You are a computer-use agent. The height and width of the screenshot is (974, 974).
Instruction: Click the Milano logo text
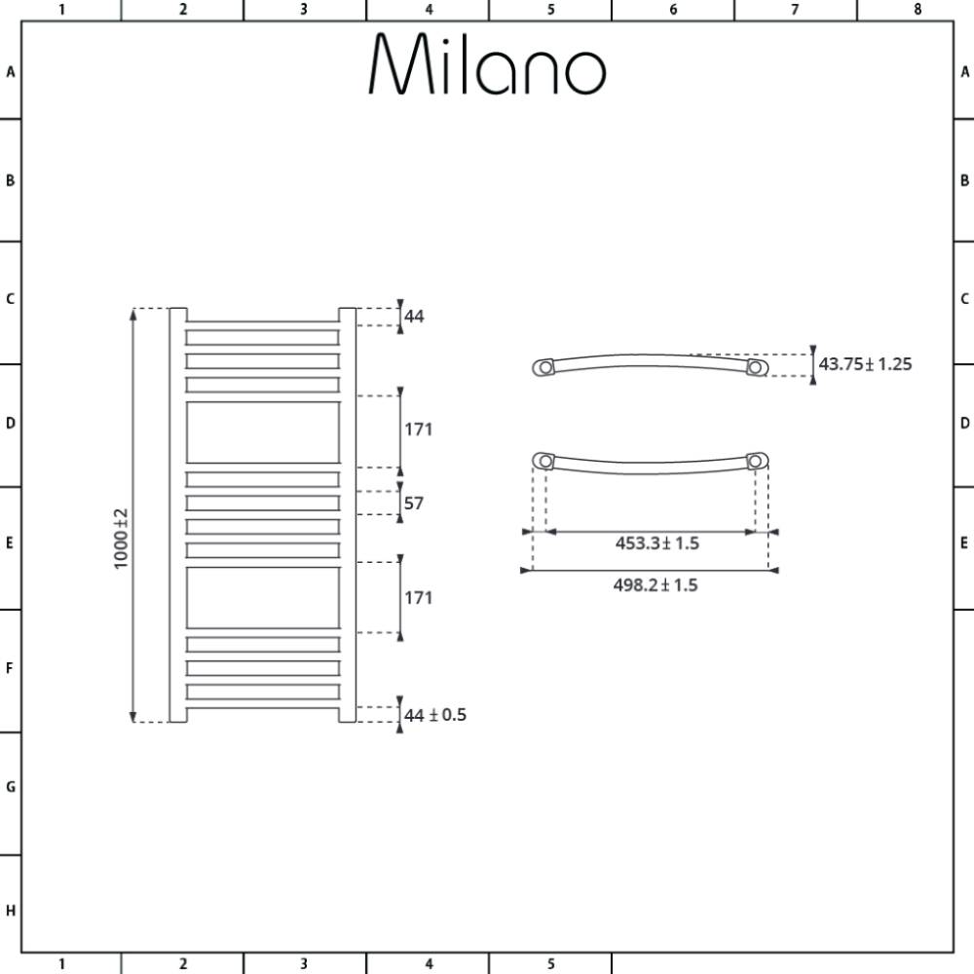pyautogui.click(x=488, y=63)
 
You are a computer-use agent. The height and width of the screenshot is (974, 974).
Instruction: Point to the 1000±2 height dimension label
pyautogui.click(x=121, y=539)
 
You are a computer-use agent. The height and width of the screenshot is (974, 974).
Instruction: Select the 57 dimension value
pyautogui.click(x=414, y=503)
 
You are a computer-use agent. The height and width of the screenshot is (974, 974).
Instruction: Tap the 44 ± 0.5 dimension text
pyautogui.click(x=434, y=715)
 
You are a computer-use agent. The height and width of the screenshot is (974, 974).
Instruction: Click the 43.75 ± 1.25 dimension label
pyautogui.click(x=865, y=364)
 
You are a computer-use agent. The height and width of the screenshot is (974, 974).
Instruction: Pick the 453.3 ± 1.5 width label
pyautogui.click(x=657, y=543)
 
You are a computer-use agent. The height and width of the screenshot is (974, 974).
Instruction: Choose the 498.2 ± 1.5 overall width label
pyautogui.click(x=656, y=585)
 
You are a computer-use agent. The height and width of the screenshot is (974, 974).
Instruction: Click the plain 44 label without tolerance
pyautogui.click(x=414, y=317)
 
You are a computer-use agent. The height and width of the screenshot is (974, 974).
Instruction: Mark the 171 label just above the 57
pyautogui.click(x=418, y=430)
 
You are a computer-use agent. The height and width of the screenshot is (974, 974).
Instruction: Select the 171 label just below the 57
pyautogui.click(x=418, y=598)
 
